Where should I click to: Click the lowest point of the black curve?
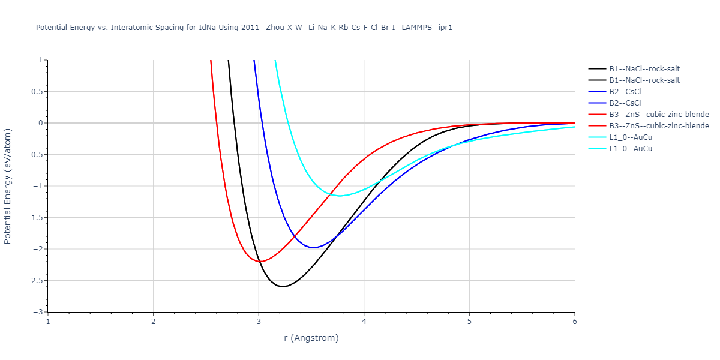283,287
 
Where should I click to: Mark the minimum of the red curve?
259,262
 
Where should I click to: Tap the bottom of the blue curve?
313,248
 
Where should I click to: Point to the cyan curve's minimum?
340,196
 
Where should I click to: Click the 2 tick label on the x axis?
153,322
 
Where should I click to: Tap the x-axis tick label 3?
259,322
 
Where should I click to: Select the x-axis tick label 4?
364,322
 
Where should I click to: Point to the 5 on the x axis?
469,322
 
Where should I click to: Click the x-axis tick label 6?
574,322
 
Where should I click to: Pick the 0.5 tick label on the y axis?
38,92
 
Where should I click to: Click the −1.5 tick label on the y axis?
35,218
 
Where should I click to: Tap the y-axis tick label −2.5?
35,281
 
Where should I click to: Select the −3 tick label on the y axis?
39,312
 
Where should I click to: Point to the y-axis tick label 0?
41,123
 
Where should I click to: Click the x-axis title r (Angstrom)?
311,338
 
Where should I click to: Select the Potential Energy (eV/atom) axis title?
8,186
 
